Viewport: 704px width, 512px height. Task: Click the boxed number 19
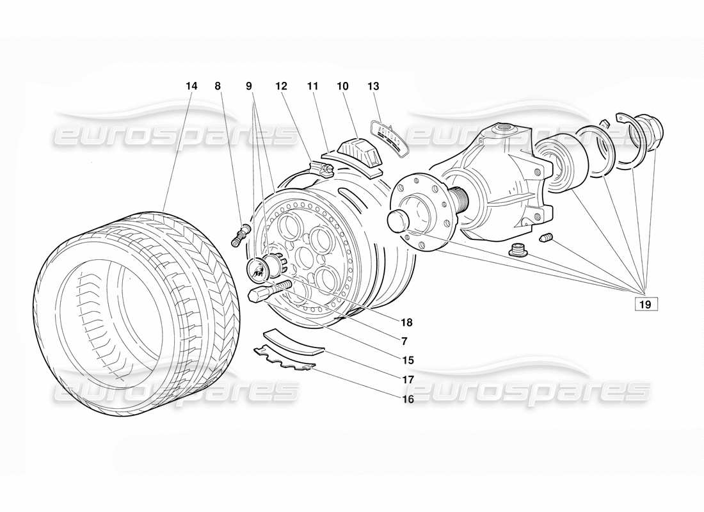(x=644, y=305)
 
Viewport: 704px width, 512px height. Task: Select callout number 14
(x=191, y=86)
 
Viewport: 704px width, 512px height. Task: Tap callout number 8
(x=218, y=86)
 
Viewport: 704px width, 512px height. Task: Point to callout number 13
(x=374, y=86)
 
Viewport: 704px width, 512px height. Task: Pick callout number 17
(x=408, y=380)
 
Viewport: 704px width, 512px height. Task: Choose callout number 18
(x=408, y=323)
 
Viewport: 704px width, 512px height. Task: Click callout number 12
(x=282, y=86)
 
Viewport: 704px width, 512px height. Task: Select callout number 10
(x=343, y=86)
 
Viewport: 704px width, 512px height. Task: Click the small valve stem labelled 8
(x=240, y=234)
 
